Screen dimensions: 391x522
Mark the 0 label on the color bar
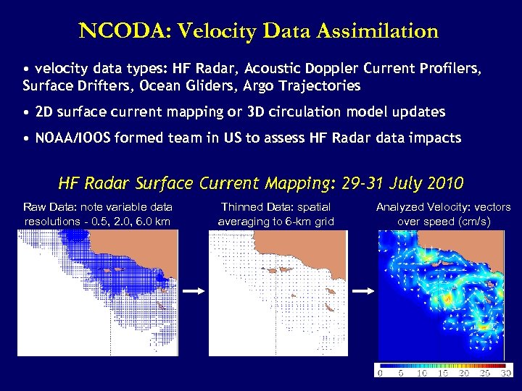point(380,374)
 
